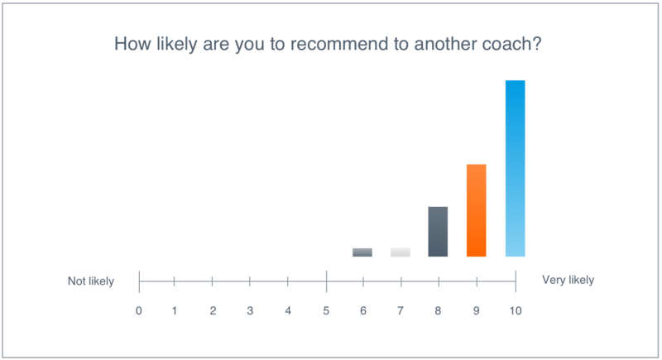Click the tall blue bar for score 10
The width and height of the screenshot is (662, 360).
point(515,168)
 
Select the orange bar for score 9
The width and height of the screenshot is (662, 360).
point(477,210)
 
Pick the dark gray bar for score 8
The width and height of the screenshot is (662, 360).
point(438,232)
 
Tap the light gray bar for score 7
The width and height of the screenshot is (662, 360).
point(401,252)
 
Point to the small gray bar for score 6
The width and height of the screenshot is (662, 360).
point(362,252)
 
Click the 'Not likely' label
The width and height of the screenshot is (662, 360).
point(91,281)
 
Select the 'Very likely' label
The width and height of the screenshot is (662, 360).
point(568,280)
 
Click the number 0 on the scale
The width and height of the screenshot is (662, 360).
point(138,311)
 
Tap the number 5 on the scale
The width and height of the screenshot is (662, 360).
point(326,311)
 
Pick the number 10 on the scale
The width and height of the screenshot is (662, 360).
point(515,311)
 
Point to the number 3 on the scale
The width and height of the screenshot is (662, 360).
point(250,311)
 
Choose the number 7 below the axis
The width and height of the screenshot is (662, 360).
point(401,311)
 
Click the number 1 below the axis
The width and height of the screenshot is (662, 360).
point(175,311)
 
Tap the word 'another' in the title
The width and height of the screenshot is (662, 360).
point(445,44)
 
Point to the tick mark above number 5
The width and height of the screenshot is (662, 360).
point(326,281)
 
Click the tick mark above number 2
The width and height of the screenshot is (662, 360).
point(213,281)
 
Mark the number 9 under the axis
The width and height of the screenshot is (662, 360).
point(477,311)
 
